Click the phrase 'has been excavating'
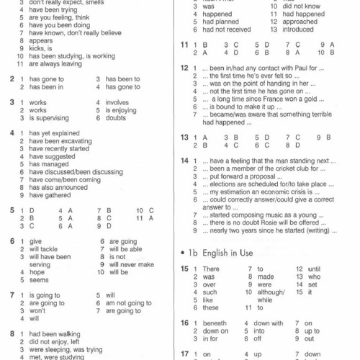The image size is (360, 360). (54, 141)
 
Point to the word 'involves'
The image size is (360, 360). (118, 102)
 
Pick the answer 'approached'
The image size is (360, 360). (300, 22)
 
